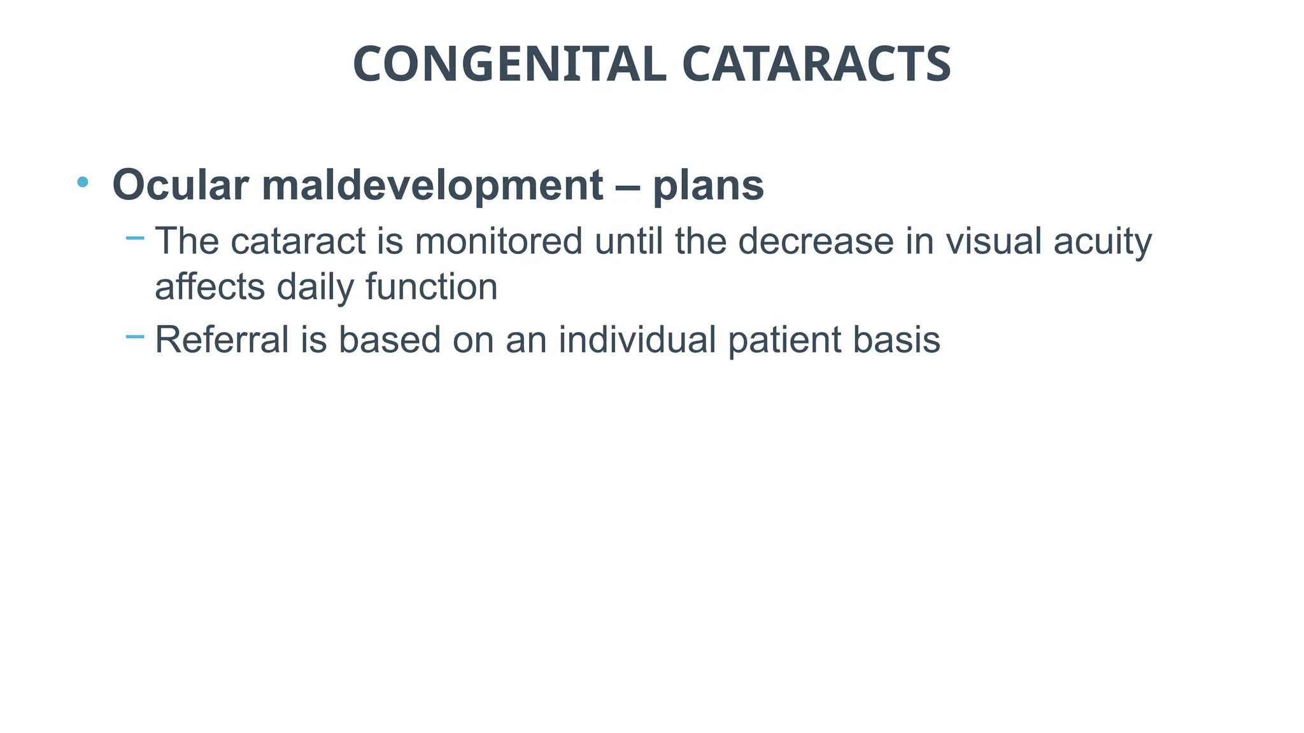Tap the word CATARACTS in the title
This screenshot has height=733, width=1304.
[816, 64]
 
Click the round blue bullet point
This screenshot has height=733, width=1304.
[82, 183]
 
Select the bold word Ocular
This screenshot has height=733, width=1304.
[180, 185]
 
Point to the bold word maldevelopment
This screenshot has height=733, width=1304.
[432, 185]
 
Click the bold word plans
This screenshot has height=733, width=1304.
[708, 185]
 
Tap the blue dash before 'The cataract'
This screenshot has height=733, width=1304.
[135, 239]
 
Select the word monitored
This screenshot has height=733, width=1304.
[499, 241]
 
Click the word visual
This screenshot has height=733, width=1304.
[993, 241]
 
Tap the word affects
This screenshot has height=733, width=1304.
[210, 287]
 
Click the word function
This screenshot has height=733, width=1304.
[432, 287]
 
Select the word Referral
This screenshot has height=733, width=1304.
[222, 339]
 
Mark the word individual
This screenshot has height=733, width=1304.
[637, 339]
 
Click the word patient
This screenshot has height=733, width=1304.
[784, 339]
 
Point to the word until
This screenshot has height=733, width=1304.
[628, 241]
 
